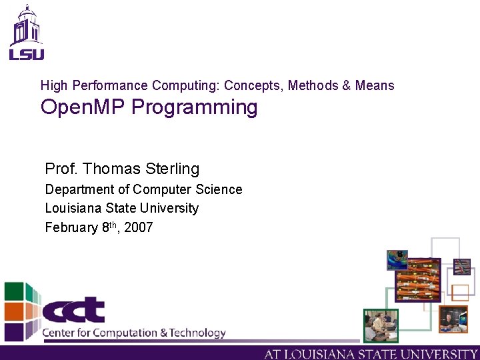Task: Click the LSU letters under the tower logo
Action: [x=26, y=54]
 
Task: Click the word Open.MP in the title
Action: [x=83, y=107]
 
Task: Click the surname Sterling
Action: [x=173, y=169]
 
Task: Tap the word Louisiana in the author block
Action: [x=74, y=208]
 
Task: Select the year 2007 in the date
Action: [x=139, y=227]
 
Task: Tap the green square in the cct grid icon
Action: [x=14, y=292]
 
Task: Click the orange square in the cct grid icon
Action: [x=14, y=311]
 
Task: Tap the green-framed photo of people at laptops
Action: [x=381, y=326]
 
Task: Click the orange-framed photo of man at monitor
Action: [x=453, y=319]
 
